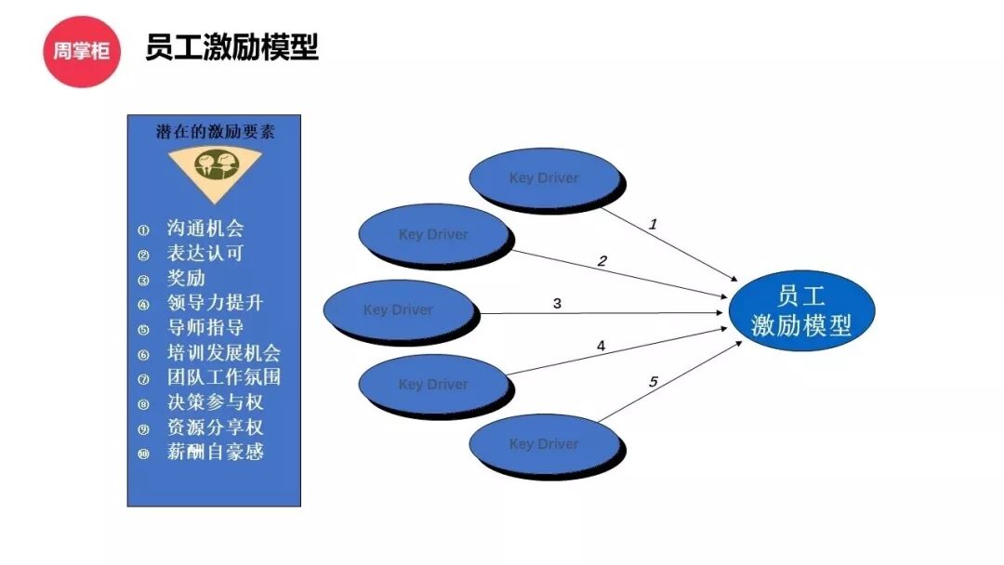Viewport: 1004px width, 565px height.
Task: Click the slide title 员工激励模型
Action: [231, 46]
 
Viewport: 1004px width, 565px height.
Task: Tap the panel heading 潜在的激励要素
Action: [215, 132]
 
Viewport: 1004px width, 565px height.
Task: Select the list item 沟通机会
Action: [205, 229]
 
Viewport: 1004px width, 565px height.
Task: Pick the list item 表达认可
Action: [205, 253]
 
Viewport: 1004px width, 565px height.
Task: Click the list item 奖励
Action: [186, 278]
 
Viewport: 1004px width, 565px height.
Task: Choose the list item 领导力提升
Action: [215, 303]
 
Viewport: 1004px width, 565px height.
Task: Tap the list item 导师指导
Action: [205, 328]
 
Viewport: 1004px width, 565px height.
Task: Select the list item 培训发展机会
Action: [223, 353]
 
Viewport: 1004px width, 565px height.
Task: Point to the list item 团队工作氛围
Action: [223, 377]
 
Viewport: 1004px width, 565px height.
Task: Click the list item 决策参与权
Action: [215, 402]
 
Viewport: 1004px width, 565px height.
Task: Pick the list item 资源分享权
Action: [215, 427]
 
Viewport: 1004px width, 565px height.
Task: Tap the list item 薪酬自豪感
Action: [215, 453]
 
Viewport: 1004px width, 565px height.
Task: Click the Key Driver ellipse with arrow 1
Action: [544, 178]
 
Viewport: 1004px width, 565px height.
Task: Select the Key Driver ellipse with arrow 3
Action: [398, 310]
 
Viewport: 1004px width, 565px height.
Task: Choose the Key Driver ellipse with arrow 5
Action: [544, 444]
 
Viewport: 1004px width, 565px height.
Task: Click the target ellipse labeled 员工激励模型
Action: [801, 311]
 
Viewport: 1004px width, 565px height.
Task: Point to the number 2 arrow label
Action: [601, 261]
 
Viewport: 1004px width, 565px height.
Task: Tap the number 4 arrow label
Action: [601, 346]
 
